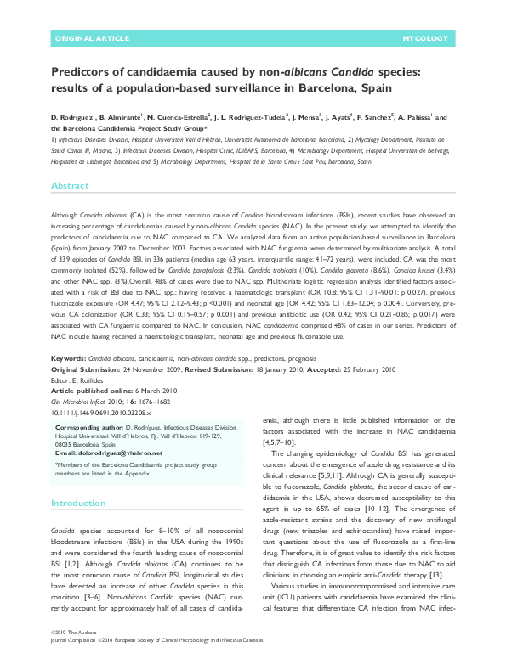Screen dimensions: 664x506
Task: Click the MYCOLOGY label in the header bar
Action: [425, 39]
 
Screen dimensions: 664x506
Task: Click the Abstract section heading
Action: [70, 185]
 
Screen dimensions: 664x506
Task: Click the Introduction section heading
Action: [79, 504]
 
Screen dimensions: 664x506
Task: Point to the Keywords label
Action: [68, 359]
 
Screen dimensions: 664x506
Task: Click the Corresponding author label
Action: [91, 428]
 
